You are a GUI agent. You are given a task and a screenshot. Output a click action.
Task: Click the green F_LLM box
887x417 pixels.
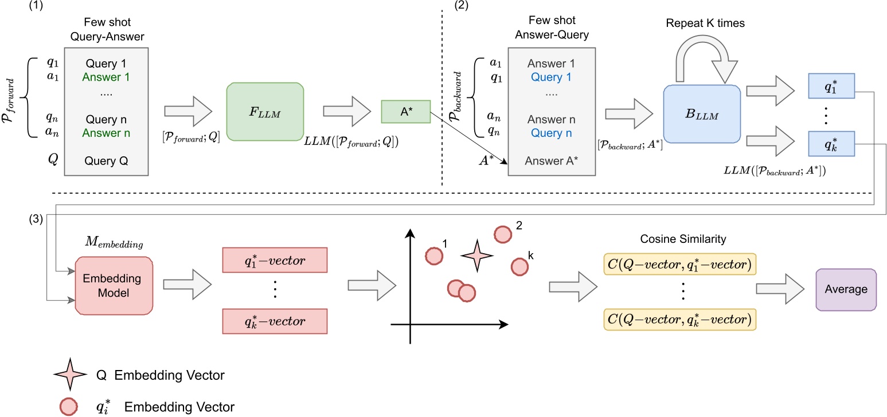[x=264, y=111]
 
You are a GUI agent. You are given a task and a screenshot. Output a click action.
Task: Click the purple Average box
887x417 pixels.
[x=846, y=289]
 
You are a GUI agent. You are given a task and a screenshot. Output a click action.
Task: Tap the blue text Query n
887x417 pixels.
[x=551, y=133]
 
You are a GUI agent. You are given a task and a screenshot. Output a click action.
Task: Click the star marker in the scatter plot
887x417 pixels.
[x=475, y=257]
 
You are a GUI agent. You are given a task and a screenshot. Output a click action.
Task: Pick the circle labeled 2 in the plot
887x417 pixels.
[x=502, y=234]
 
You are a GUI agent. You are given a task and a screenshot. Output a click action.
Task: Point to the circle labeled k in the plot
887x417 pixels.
[x=519, y=266]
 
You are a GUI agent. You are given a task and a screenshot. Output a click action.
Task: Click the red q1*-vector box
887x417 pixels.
[x=273, y=261]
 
